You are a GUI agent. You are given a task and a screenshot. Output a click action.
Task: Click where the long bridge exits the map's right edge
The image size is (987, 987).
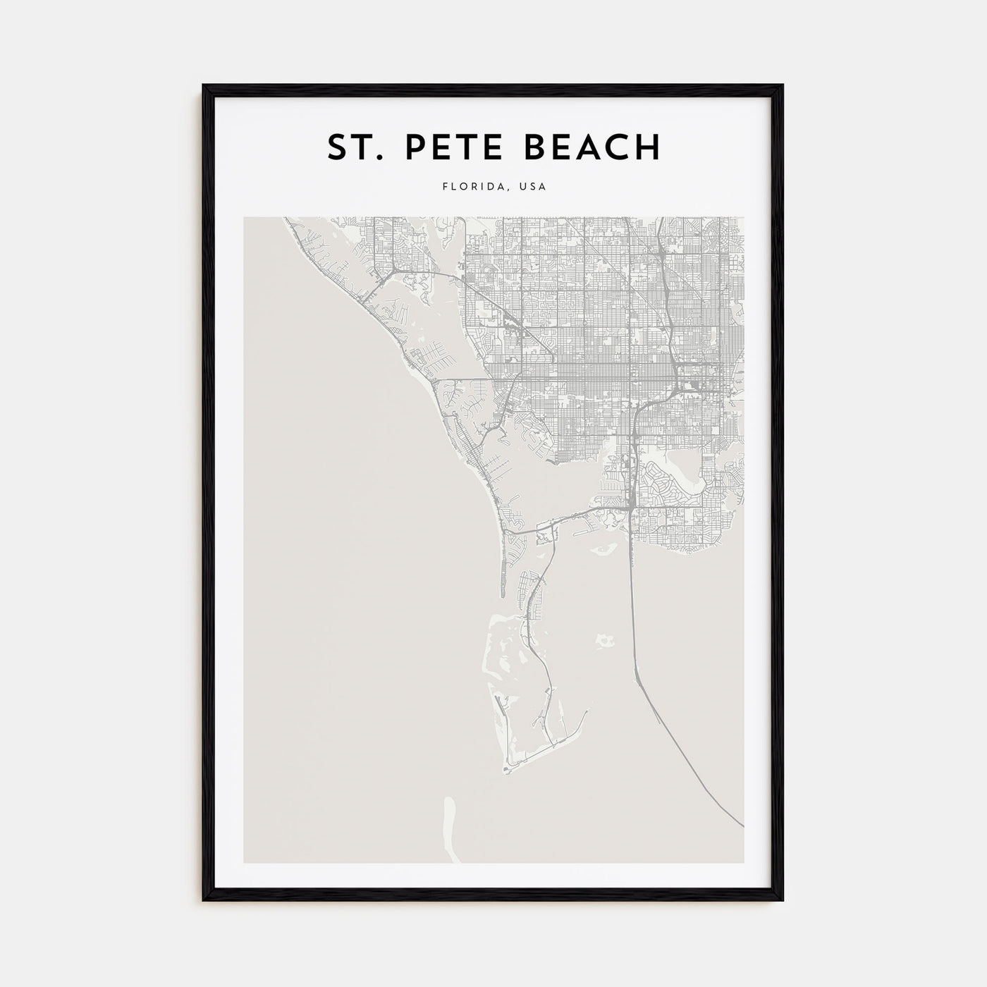[742, 825]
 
